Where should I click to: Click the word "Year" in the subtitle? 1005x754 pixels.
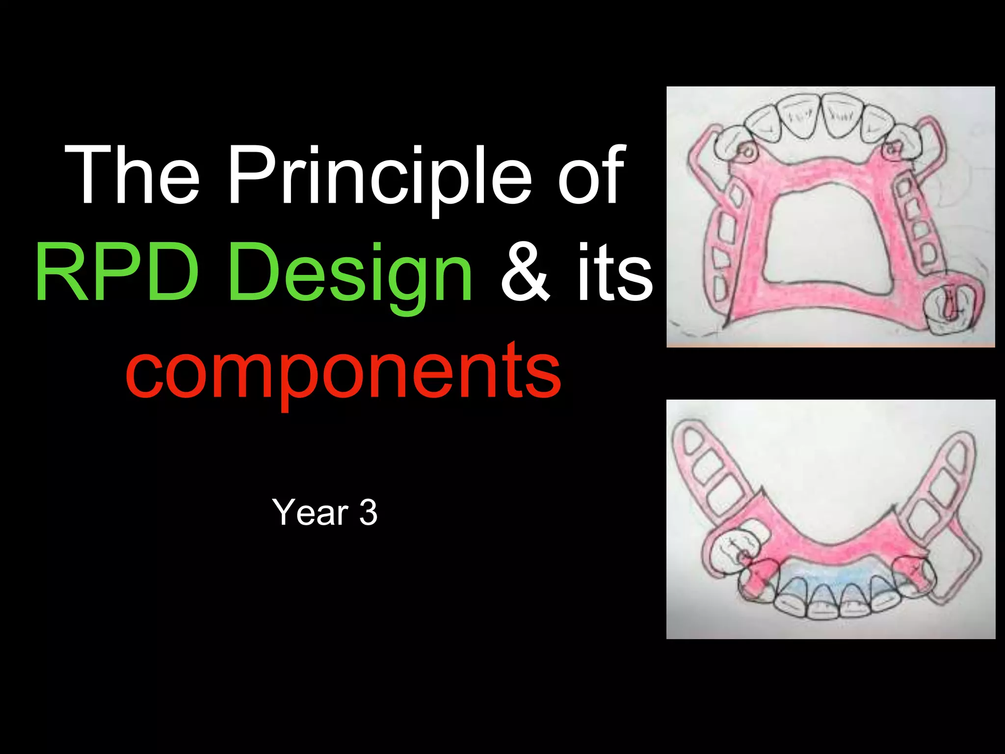(x=310, y=512)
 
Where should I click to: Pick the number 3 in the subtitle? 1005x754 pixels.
(x=368, y=512)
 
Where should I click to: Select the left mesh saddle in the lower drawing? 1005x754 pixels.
(x=712, y=471)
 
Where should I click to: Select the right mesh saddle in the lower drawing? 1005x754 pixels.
(x=942, y=486)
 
